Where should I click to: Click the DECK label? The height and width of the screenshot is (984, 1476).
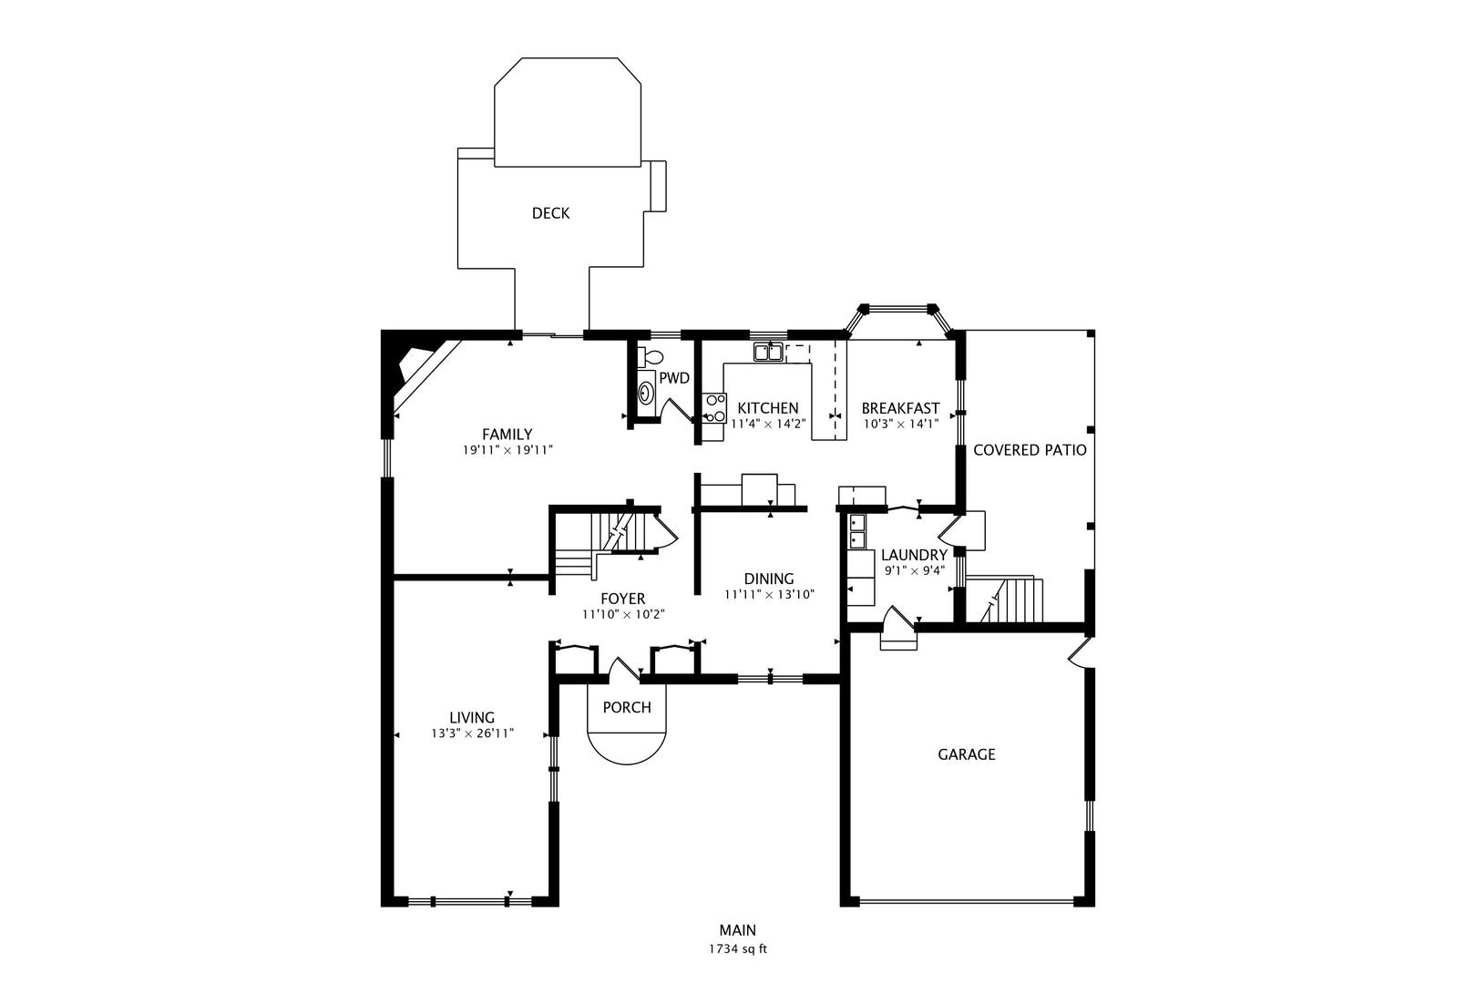click(x=550, y=213)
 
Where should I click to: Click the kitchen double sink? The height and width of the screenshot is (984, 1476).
click(x=767, y=352)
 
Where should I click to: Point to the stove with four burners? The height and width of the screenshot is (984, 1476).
click(x=714, y=407)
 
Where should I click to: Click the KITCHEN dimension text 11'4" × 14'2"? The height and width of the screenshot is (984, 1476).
click(x=768, y=423)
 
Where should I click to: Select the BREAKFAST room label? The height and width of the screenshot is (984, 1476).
click(x=900, y=408)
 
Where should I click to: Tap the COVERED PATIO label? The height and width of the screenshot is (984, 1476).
click(x=1030, y=450)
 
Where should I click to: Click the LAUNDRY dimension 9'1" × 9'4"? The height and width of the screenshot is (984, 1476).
click(x=914, y=570)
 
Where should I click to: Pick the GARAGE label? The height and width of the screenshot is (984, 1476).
click(x=967, y=754)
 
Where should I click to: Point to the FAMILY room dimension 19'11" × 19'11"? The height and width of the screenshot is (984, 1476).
click(x=507, y=450)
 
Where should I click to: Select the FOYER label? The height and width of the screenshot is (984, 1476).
click(x=622, y=599)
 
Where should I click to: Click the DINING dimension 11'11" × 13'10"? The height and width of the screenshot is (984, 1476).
click(x=769, y=594)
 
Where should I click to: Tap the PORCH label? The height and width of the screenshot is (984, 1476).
click(x=627, y=707)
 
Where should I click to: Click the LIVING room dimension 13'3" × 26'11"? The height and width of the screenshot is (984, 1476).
click(x=472, y=733)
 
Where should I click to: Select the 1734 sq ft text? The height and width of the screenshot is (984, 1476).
click(x=738, y=948)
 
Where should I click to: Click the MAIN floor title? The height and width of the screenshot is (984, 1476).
click(x=738, y=930)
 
